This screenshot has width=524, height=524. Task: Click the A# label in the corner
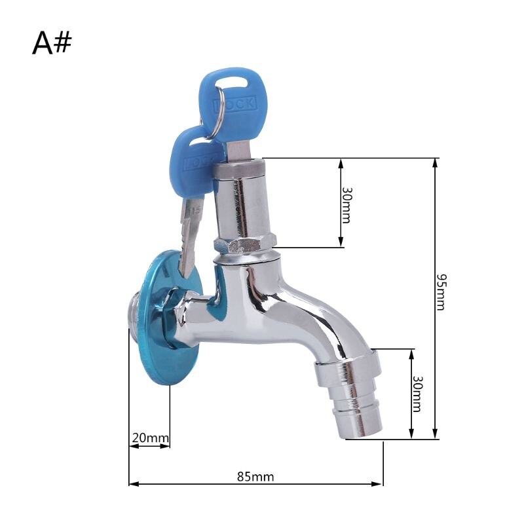(52, 43)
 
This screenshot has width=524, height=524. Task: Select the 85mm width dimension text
(255, 476)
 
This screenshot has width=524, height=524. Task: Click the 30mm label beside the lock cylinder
(346, 205)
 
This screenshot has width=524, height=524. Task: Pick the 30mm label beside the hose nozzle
(417, 394)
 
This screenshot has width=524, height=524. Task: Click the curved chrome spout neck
(308, 314)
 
